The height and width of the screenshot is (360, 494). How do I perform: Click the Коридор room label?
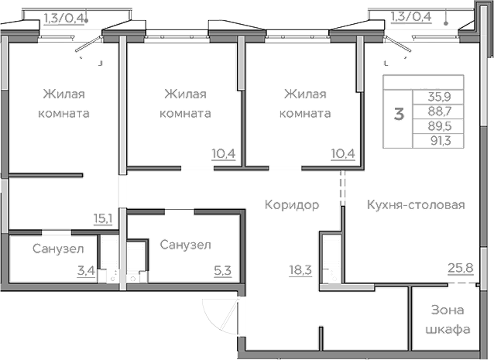[x=292, y=205]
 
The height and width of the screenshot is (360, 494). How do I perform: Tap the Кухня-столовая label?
[x=416, y=205]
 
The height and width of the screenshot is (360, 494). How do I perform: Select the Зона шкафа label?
[x=450, y=320]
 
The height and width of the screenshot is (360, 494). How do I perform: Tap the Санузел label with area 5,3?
[x=186, y=245]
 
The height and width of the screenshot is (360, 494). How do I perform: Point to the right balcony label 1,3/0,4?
[x=412, y=15]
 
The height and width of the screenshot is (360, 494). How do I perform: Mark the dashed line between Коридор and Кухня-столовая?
[x=341, y=189]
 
